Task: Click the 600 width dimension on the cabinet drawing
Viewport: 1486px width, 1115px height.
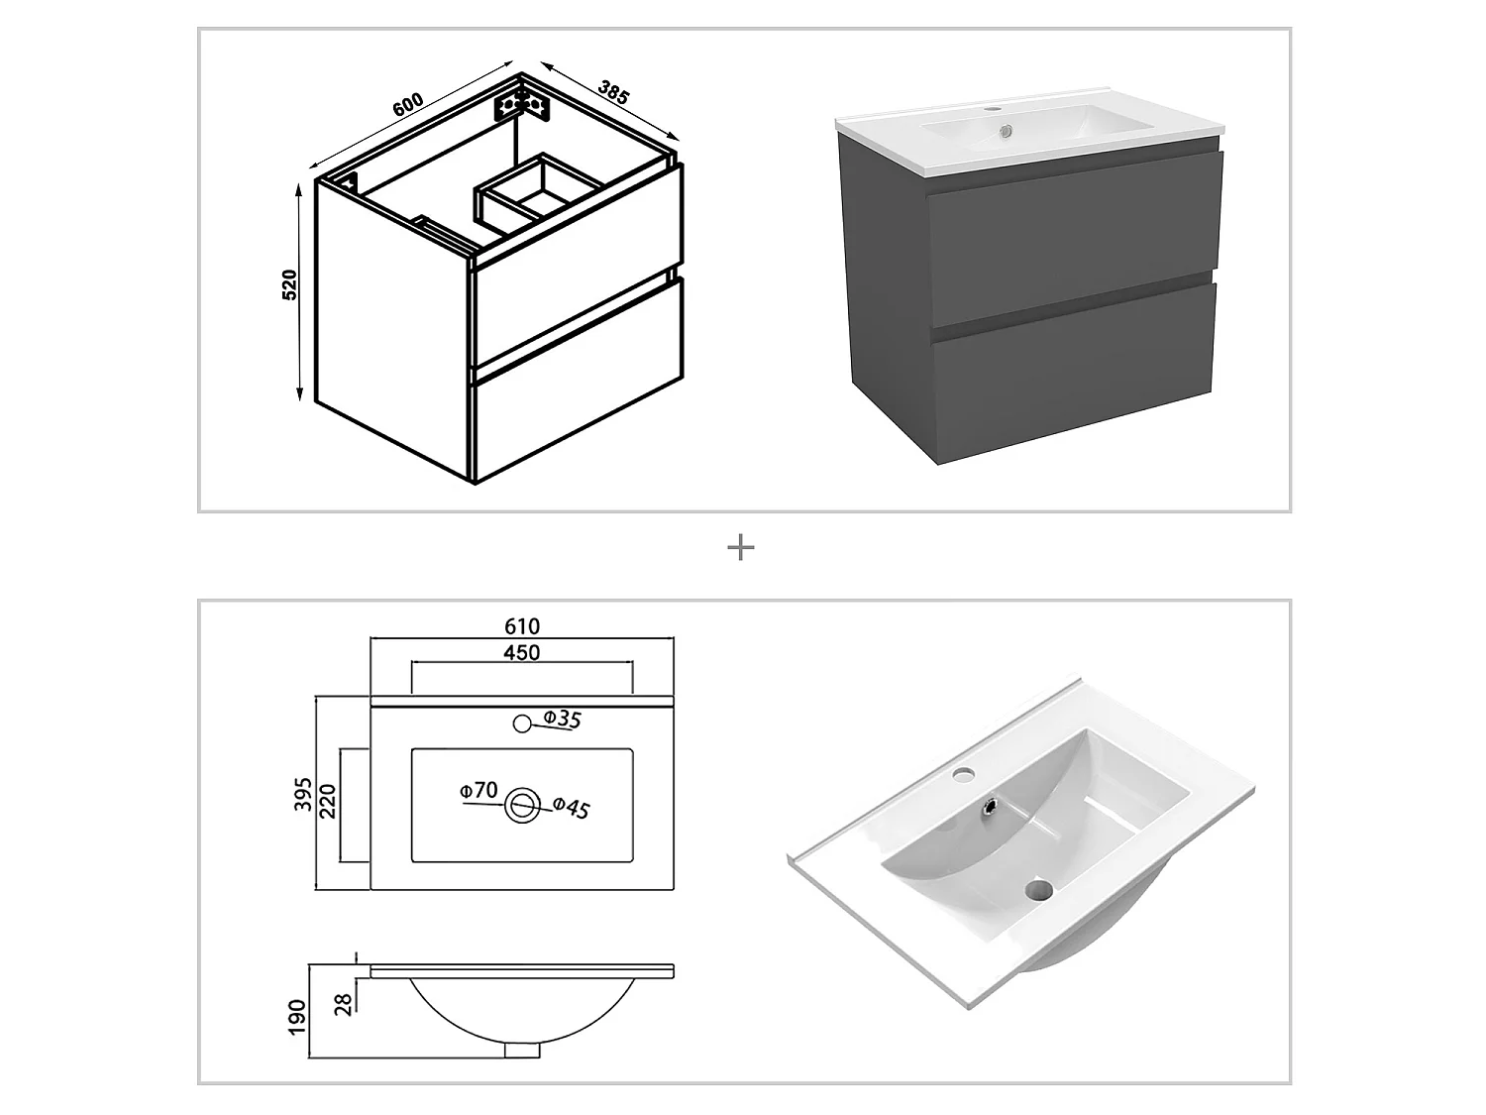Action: [408, 104]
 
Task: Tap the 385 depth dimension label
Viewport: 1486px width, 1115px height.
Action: [614, 93]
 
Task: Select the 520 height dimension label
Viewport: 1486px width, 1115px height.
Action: [289, 285]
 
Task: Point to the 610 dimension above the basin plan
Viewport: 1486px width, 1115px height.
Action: [522, 626]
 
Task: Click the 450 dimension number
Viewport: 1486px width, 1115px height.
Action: [522, 652]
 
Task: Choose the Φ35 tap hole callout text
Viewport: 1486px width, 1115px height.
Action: [562, 719]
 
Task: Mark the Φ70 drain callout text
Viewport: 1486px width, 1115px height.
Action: [478, 790]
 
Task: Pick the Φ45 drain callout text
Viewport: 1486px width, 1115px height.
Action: [571, 808]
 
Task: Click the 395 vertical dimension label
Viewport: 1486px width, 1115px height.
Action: [302, 794]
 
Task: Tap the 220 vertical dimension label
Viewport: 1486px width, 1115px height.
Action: [327, 801]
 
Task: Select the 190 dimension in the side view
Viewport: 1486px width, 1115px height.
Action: [297, 1017]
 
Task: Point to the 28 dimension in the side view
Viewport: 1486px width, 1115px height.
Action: [343, 1004]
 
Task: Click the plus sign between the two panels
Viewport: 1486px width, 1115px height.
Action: [741, 547]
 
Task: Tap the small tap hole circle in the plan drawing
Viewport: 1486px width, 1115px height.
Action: [522, 724]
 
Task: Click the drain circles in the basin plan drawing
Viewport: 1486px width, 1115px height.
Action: [522, 807]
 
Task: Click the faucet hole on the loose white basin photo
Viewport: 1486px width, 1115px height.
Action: [961, 772]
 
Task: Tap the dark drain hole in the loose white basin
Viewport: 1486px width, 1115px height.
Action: [1038, 890]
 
